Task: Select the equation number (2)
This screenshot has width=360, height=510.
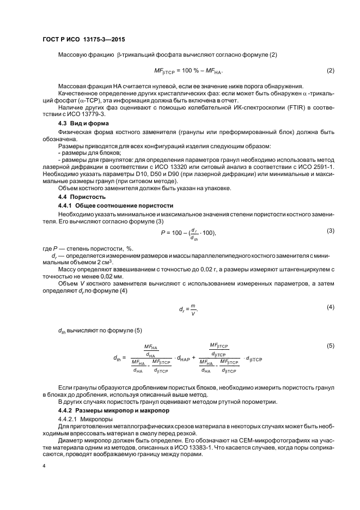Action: point(330,71)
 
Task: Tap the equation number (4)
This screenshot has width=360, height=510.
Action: point(330,307)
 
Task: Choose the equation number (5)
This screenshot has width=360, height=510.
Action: point(330,345)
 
